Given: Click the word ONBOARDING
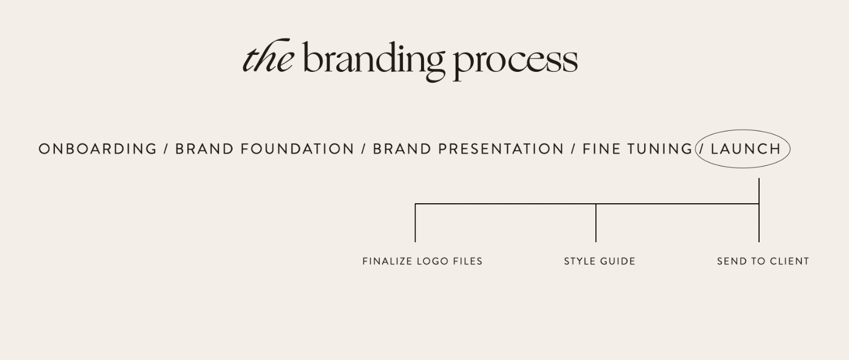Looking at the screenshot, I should click(x=97, y=149).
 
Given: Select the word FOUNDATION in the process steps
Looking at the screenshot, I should click(x=297, y=149).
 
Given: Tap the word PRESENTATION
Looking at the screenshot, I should click(x=501, y=149).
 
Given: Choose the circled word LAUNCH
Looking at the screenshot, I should click(x=746, y=149).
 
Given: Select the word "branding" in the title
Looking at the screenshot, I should click(x=374, y=59).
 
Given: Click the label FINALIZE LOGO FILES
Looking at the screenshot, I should click(x=422, y=261).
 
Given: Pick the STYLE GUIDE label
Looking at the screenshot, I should click(x=599, y=261).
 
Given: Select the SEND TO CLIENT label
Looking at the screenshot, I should click(x=763, y=261).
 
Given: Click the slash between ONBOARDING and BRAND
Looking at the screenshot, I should click(x=166, y=149).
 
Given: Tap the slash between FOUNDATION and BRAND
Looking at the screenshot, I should click(x=363, y=149).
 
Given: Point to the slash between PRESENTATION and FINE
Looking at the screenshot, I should click(x=573, y=149).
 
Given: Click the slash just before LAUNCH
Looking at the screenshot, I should click(x=702, y=149).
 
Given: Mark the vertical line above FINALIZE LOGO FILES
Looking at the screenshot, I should click(x=415, y=223).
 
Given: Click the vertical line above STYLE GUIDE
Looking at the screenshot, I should click(x=596, y=223).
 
